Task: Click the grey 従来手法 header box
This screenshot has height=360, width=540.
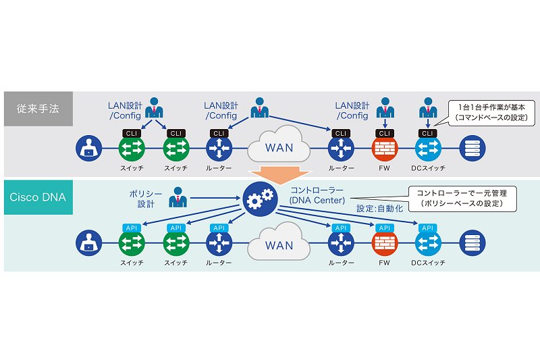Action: tap(38, 109)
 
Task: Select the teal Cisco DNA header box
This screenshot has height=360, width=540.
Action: tap(38, 197)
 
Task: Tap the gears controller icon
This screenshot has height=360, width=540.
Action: tap(260, 199)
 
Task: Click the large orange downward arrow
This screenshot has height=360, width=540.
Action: tap(281, 175)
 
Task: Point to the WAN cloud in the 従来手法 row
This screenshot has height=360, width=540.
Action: tap(279, 145)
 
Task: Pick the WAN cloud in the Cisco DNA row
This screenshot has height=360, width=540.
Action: tap(279, 242)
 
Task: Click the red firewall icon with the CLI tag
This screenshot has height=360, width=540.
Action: tap(385, 149)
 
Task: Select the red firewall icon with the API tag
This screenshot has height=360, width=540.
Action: tap(385, 243)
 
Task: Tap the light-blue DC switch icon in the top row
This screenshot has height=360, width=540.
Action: tap(428, 149)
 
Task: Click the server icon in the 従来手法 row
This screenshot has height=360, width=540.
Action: tap(473, 149)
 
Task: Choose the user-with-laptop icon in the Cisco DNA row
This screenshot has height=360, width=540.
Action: tap(89, 243)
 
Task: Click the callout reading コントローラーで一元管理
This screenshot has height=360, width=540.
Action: tap(462, 199)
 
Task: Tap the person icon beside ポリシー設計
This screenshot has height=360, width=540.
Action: tap(178, 197)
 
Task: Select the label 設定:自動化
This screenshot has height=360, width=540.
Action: tap(379, 209)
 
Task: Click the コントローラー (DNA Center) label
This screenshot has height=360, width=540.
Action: tap(317, 195)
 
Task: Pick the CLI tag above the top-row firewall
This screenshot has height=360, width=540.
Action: tap(384, 133)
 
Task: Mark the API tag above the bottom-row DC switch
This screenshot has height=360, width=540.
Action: tap(427, 228)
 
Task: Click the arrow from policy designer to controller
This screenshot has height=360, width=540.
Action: tap(215, 198)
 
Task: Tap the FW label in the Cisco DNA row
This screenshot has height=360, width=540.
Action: tap(384, 263)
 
